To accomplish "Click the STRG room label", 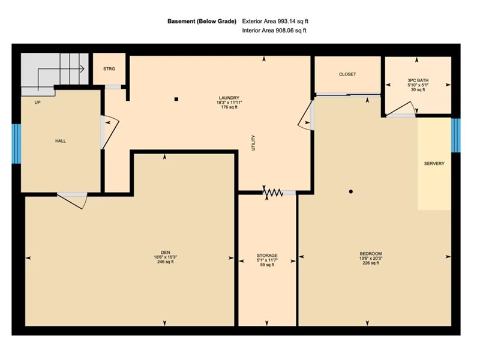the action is [x=109, y=69].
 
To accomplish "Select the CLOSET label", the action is [x=347, y=74].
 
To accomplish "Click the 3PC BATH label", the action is [x=418, y=80].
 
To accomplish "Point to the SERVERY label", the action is [x=434, y=163].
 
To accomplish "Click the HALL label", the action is [x=61, y=141].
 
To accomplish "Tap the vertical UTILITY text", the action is [x=253, y=143].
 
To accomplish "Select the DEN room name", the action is [x=166, y=253].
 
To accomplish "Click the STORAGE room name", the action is [x=267, y=256].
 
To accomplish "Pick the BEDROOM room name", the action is [x=371, y=253].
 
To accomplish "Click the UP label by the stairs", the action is [x=37, y=103].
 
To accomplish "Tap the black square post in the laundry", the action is [x=176, y=99].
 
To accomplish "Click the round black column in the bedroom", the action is [x=351, y=191].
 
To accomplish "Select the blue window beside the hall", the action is [x=16, y=143].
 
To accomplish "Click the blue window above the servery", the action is [x=456, y=136].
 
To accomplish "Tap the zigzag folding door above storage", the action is [x=273, y=193].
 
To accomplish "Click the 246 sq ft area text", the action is [x=166, y=262].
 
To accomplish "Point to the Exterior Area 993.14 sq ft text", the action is [x=275, y=22].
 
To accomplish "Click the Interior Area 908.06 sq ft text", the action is [x=274, y=31].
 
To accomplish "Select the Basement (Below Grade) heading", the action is [x=202, y=22].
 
